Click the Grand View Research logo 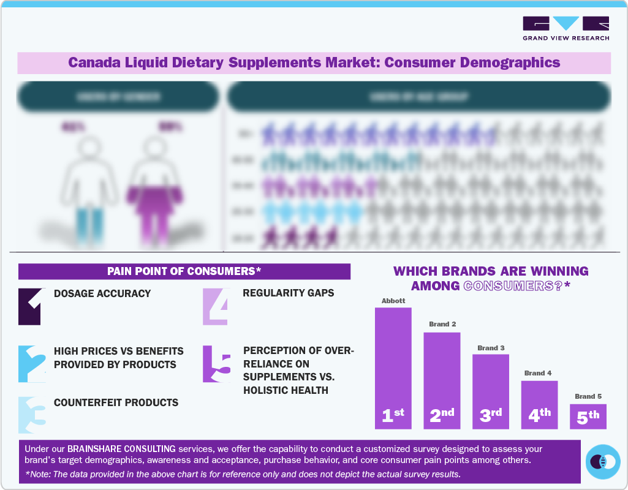pos(566,28)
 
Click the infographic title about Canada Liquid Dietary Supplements pos(314,62)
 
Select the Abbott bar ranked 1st pos(393,367)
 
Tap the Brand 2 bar pos(442,380)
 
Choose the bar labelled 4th pos(539,404)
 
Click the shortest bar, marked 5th pos(588,416)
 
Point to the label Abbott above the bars pos(393,301)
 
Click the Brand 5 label pos(588,396)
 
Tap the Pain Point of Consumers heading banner pos(184,271)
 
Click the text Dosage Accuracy pos(102,293)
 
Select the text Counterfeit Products pos(116,402)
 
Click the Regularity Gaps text pos(289,293)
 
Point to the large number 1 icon pos(29,306)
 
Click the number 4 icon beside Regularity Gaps pos(216,306)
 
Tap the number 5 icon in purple pos(216,364)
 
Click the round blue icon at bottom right pos(603,461)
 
